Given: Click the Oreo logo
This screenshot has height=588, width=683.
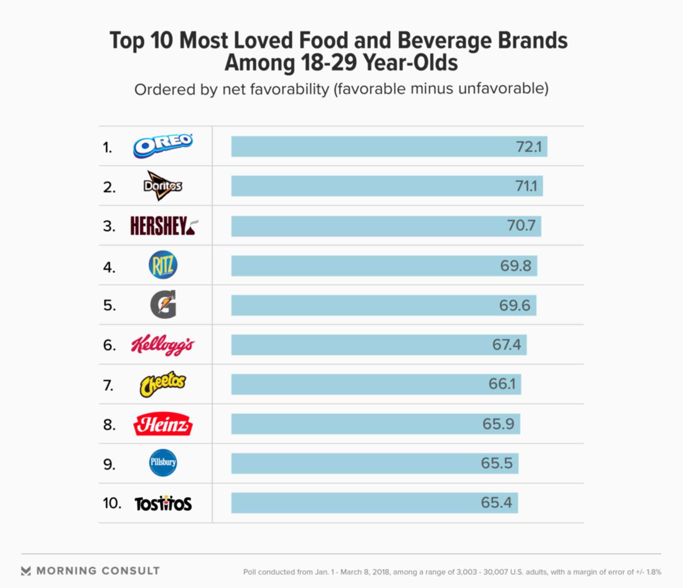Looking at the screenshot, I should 163,146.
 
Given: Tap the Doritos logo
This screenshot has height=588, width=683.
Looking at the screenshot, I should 163,186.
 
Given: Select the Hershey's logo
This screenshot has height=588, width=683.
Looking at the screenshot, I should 164,226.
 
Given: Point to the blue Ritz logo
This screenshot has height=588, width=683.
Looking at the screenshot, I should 163,265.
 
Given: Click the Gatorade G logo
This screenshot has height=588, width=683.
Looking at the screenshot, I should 163,304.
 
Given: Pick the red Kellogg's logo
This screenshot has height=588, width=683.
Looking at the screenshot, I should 163,345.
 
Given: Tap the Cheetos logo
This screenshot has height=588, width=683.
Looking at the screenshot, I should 163,384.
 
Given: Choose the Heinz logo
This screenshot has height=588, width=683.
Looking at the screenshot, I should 163,424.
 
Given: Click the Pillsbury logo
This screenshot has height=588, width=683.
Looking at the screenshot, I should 163,463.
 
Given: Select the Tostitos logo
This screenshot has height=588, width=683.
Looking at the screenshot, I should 163,504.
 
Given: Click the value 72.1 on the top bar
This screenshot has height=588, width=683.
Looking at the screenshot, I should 529,147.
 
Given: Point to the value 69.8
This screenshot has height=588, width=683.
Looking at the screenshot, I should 516,266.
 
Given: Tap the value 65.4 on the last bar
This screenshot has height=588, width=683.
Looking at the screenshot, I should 496,503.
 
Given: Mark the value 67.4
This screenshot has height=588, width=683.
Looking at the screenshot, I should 507,345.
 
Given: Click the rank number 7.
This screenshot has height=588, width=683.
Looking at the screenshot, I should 108,385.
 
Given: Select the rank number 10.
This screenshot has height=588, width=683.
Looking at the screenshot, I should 112,503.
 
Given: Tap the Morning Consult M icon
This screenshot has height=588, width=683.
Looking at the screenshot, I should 26,571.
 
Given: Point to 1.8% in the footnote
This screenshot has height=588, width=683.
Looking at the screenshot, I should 654,572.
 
